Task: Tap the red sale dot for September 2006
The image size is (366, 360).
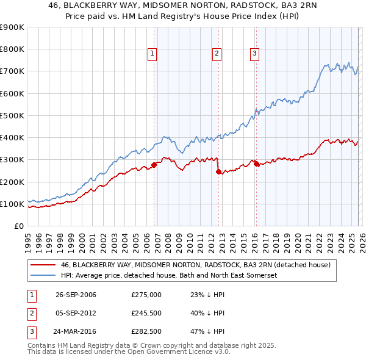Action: [x=154, y=164]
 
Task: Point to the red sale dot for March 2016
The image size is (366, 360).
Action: [x=256, y=164]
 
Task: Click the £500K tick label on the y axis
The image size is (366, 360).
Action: [x=12, y=115]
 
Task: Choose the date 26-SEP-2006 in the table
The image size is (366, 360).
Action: [x=76, y=295]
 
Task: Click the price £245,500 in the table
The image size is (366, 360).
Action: [x=146, y=313]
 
